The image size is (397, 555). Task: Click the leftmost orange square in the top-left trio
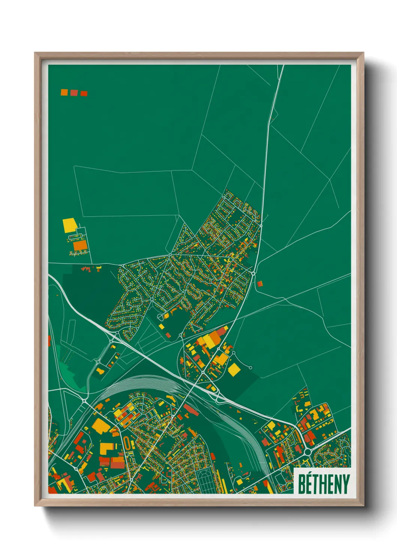tap(64, 92)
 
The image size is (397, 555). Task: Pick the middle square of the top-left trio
tap(74, 93)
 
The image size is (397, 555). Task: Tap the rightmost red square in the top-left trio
tap(84, 93)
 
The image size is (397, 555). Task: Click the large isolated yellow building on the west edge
tap(69, 225)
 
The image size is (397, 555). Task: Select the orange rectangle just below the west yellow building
tap(80, 246)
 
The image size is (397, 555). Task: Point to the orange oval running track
tap(128, 443)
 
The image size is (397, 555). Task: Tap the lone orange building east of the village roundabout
tap(260, 284)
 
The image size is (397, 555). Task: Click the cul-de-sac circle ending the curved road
tap(251, 368)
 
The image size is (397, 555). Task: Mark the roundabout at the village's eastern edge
tap(254, 274)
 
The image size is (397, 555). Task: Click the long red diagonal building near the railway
tap(191, 410)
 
